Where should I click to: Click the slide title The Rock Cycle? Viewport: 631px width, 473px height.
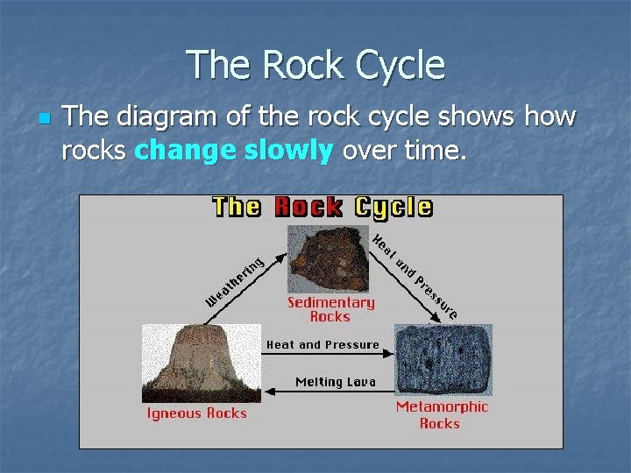point(315,66)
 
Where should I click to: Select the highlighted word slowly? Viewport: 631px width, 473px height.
point(290,151)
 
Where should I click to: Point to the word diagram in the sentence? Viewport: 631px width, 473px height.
point(155,116)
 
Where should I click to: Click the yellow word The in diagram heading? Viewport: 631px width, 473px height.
point(237,208)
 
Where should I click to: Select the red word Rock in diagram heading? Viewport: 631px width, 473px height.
point(308,208)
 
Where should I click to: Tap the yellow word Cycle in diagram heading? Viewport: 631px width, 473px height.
point(393,208)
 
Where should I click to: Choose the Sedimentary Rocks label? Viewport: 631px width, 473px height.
point(330,309)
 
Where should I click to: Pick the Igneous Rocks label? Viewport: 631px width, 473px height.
point(197,413)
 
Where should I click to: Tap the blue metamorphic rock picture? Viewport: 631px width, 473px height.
point(443,359)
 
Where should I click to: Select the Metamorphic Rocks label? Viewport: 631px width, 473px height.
point(442,414)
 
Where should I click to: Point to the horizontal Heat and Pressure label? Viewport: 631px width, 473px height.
point(323,345)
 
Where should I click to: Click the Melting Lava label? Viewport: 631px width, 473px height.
point(335,382)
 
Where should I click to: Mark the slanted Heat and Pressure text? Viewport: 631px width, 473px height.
point(415,275)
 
